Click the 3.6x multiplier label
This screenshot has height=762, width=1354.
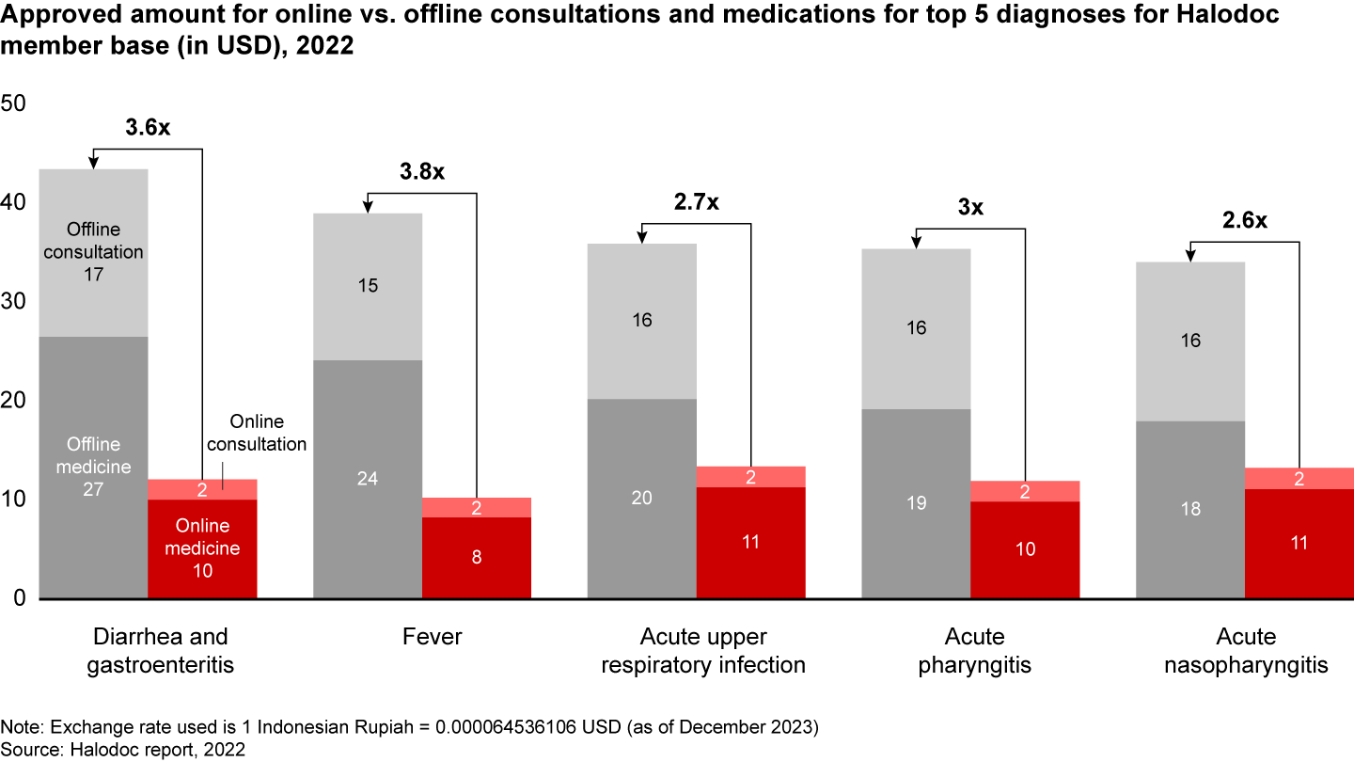(x=148, y=129)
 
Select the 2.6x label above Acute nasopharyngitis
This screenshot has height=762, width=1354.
(x=1245, y=221)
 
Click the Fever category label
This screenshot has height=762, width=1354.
(x=433, y=637)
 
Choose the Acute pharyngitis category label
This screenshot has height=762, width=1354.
(x=974, y=651)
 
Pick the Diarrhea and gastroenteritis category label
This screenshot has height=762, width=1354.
(x=160, y=651)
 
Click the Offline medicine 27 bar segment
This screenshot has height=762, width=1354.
(x=93, y=467)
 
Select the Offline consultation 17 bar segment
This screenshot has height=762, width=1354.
(x=93, y=252)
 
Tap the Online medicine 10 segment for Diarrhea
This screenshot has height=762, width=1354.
(x=202, y=548)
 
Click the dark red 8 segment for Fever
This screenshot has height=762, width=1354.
(x=477, y=558)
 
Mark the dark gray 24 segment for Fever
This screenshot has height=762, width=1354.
(x=368, y=479)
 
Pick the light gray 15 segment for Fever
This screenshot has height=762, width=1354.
(x=368, y=286)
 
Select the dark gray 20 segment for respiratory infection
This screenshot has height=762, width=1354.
(x=642, y=499)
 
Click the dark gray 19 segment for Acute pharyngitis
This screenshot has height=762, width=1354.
(x=917, y=503)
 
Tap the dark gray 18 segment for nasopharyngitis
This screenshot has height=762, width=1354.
(x=1190, y=509)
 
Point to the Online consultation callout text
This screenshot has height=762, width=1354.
(x=257, y=433)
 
